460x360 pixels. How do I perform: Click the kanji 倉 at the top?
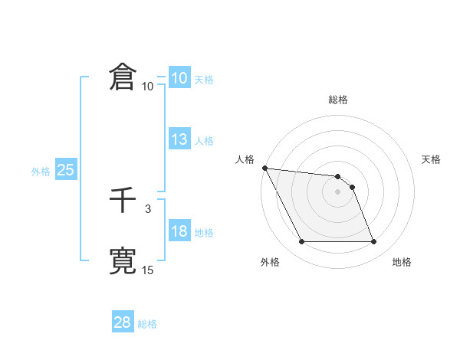123,78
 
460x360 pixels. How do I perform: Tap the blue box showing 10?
179,78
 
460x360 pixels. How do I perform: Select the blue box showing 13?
179,139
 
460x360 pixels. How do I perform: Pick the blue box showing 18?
179,231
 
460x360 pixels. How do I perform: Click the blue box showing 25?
66,170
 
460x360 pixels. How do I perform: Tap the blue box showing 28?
123,322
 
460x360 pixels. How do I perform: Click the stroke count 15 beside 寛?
148,270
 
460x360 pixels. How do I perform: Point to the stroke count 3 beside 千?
148,208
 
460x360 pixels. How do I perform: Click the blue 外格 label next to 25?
41,172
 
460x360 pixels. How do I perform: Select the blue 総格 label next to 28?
147,324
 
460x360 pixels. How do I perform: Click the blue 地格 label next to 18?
204,233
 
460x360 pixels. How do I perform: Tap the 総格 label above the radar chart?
338,100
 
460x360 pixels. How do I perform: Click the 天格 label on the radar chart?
432,159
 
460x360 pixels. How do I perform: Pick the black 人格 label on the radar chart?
245,159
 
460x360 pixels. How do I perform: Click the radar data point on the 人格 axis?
264,168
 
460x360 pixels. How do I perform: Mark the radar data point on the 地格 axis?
374,242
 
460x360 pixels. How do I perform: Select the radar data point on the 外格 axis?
301,242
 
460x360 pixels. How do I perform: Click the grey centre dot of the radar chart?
338,191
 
